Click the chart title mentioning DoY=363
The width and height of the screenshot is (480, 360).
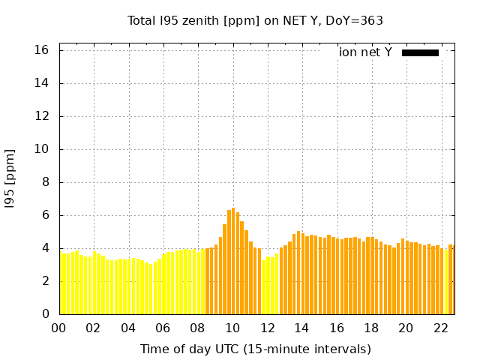255,20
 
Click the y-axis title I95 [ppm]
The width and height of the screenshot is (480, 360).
10,179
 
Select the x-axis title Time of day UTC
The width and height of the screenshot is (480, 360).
255,349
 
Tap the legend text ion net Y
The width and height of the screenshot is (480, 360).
364,52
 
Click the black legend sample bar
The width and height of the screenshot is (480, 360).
420,52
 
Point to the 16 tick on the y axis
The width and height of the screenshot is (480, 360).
42,50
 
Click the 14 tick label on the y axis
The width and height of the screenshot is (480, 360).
42,83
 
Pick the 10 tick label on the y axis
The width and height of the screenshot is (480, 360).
42,149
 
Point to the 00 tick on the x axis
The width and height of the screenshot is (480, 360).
58,328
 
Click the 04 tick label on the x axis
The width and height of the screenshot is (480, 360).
128,328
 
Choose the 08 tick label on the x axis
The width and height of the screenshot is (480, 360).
198,328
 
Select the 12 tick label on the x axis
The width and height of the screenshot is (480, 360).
267,328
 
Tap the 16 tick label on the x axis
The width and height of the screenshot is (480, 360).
337,328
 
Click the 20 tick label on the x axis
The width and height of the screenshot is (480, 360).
406,328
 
